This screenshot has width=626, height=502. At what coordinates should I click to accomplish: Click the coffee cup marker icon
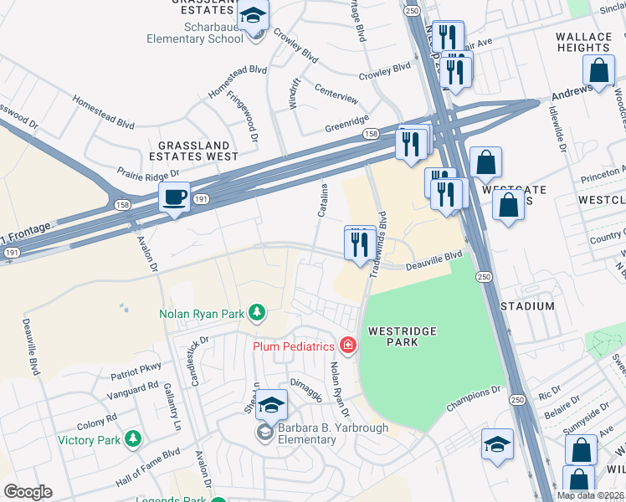click(x=174, y=197)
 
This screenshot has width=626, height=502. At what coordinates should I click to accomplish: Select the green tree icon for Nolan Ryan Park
click(x=258, y=314)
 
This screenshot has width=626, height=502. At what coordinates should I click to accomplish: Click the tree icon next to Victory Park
click(x=131, y=439)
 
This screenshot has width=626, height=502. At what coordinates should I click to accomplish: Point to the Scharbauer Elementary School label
click(x=195, y=38)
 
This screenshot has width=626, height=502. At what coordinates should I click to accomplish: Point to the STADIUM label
click(x=527, y=306)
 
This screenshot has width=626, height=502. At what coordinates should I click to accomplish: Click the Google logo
click(x=28, y=492)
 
